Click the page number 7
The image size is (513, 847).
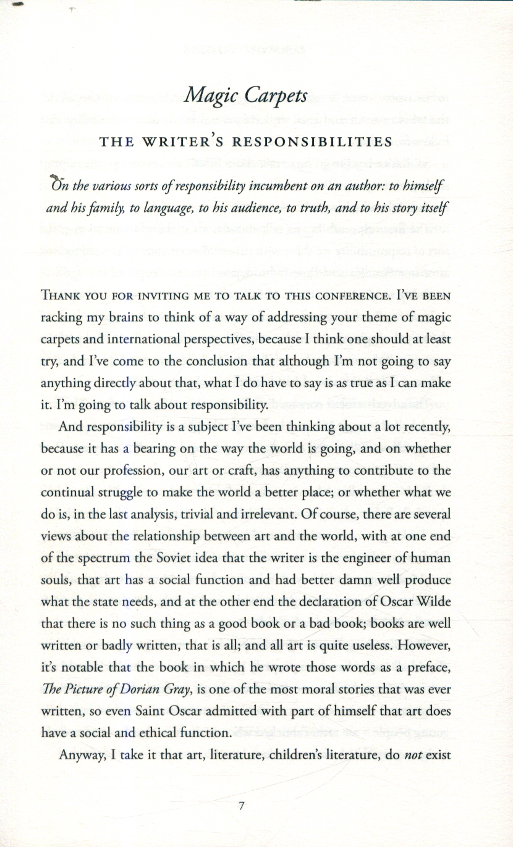click(242, 805)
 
